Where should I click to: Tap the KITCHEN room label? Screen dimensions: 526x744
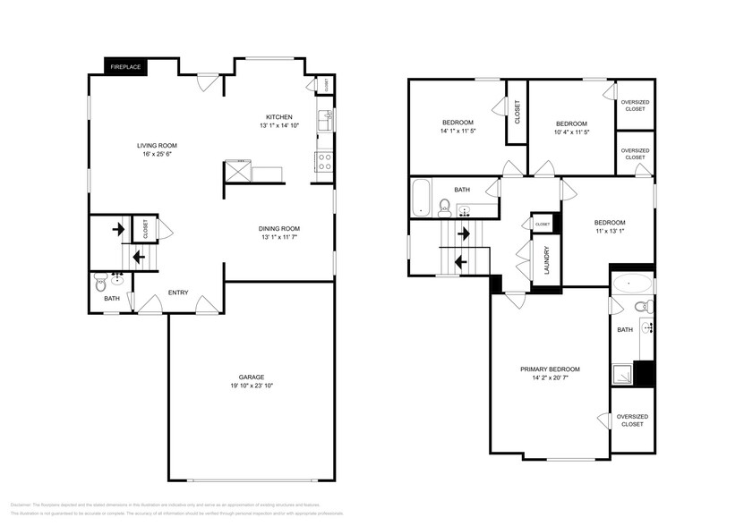click(x=278, y=117)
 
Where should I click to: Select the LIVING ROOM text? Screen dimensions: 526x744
click(x=157, y=145)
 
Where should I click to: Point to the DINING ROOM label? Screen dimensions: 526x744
click(x=279, y=227)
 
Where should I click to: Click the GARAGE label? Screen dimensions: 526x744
click(x=251, y=377)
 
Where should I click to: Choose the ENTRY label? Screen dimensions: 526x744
click(x=177, y=293)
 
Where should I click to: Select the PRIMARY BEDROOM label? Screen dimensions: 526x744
click(x=550, y=369)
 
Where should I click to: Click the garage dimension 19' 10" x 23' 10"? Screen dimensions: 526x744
click(x=251, y=386)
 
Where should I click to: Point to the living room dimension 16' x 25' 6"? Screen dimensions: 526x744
click(x=157, y=154)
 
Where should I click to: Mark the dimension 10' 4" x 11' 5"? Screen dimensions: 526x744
click(x=571, y=131)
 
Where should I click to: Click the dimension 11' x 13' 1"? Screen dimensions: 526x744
click(x=609, y=232)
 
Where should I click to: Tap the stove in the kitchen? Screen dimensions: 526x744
click(x=323, y=162)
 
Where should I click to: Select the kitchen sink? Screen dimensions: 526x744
click(x=328, y=116)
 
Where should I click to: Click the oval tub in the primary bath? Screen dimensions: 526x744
click(x=633, y=284)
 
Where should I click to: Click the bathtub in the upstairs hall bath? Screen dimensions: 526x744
click(x=421, y=199)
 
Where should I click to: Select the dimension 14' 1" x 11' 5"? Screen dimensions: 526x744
click(x=458, y=131)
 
